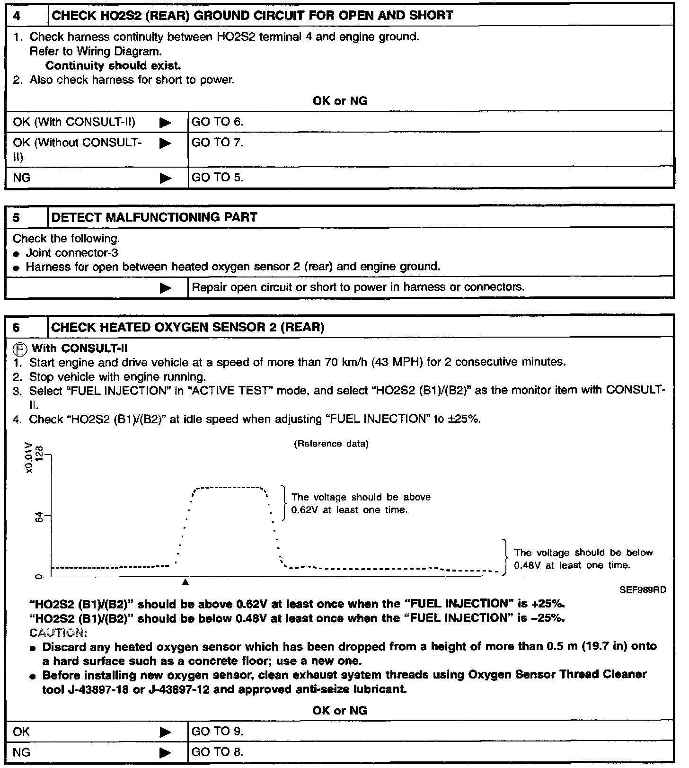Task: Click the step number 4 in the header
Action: coord(17,16)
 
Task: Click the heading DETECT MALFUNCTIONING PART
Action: coord(154,217)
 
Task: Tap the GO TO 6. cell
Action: coord(217,122)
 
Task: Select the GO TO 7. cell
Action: coord(217,143)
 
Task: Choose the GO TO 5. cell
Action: coord(217,178)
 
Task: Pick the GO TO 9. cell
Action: coord(217,732)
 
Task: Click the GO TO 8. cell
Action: coord(217,752)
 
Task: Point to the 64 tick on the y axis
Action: coord(40,517)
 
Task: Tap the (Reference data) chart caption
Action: coord(331,444)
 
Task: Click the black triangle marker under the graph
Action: coord(185,581)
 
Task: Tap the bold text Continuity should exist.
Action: coord(113,65)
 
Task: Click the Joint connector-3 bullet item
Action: coord(72,253)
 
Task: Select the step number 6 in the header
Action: coord(17,328)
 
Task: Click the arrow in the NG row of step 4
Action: coord(165,178)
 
